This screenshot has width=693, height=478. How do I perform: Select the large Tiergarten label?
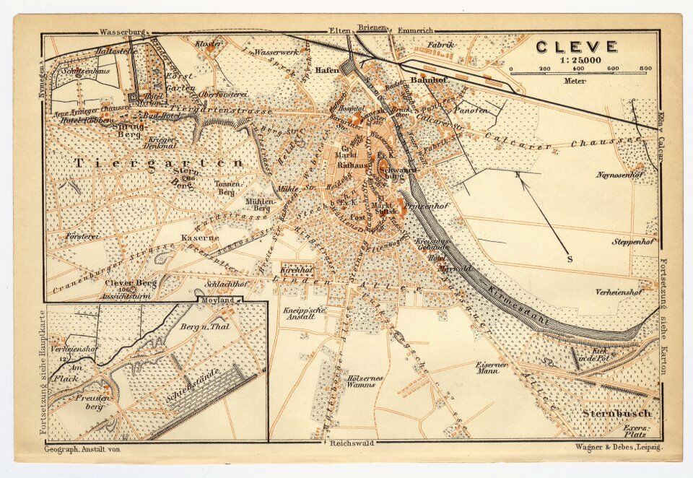click(x=159, y=164)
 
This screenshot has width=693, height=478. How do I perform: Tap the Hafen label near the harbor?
click(x=327, y=70)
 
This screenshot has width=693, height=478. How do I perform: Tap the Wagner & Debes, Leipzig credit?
click(x=619, y=448)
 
